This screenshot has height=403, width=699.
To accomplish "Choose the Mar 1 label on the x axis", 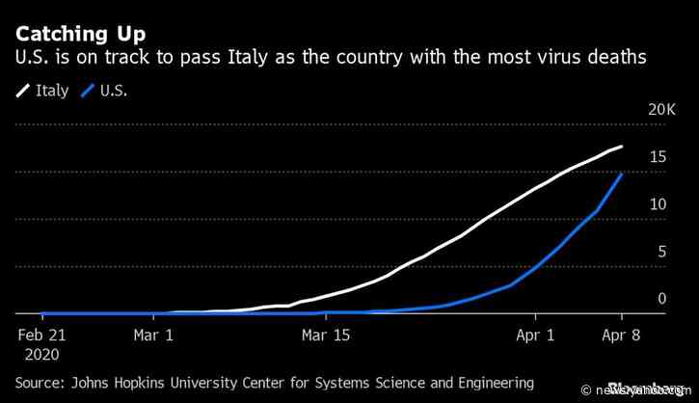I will click(x=155, y=337).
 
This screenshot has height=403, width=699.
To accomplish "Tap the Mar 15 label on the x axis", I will click(x=326, y=337).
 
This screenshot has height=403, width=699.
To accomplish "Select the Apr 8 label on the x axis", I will click(x=621, y=337).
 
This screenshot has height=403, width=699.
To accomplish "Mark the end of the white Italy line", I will click(x=622, y=147).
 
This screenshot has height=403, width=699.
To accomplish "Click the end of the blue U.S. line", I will click(x=622, y=175).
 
